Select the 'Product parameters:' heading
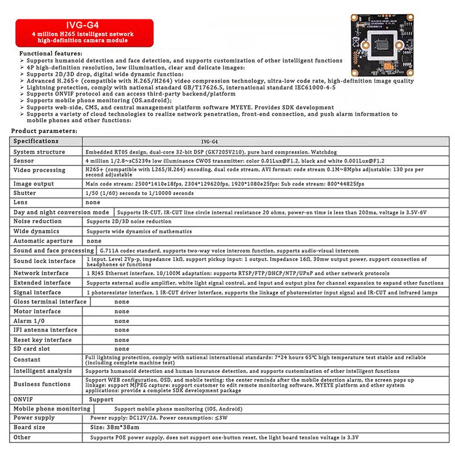[45, 131]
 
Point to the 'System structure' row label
[40, 152]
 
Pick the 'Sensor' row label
[24, 161]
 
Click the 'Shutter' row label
[26, 192]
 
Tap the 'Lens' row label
[20, 202]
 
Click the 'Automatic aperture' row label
[44, 241]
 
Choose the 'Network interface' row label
[42, 273]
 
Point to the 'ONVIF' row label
[24, 399]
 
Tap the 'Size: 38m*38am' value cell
[113, 427]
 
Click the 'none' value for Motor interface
[122, 311]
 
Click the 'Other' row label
[23, 437]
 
